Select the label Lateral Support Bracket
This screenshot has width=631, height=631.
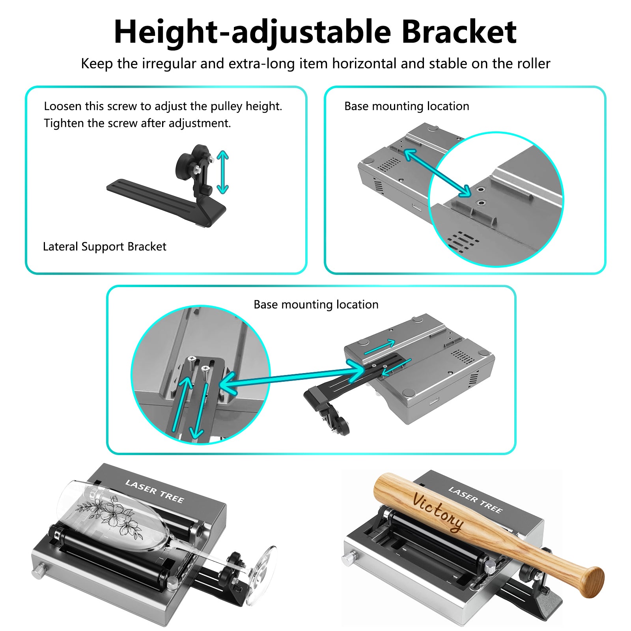click(x=105, y=246)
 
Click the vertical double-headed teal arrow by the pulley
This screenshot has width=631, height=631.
click(x=223, y=172)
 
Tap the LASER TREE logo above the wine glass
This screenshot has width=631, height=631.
click(x=155, y=491)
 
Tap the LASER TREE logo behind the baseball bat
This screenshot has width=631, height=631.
click(x=475, y=500)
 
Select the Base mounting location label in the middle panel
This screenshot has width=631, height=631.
click(x=316, y=304)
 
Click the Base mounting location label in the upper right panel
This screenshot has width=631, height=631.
click(x=407, y=106)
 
